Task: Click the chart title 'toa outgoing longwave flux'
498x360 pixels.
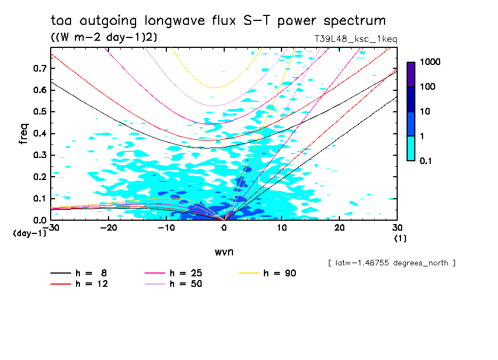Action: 218,21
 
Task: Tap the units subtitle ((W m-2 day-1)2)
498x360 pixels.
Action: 102,37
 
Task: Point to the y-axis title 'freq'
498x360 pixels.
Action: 23,134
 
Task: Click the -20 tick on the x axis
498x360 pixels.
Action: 109,228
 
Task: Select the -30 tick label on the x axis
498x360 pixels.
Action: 51,228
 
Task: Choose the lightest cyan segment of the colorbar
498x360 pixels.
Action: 411,148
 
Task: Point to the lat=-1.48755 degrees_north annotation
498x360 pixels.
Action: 392,263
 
